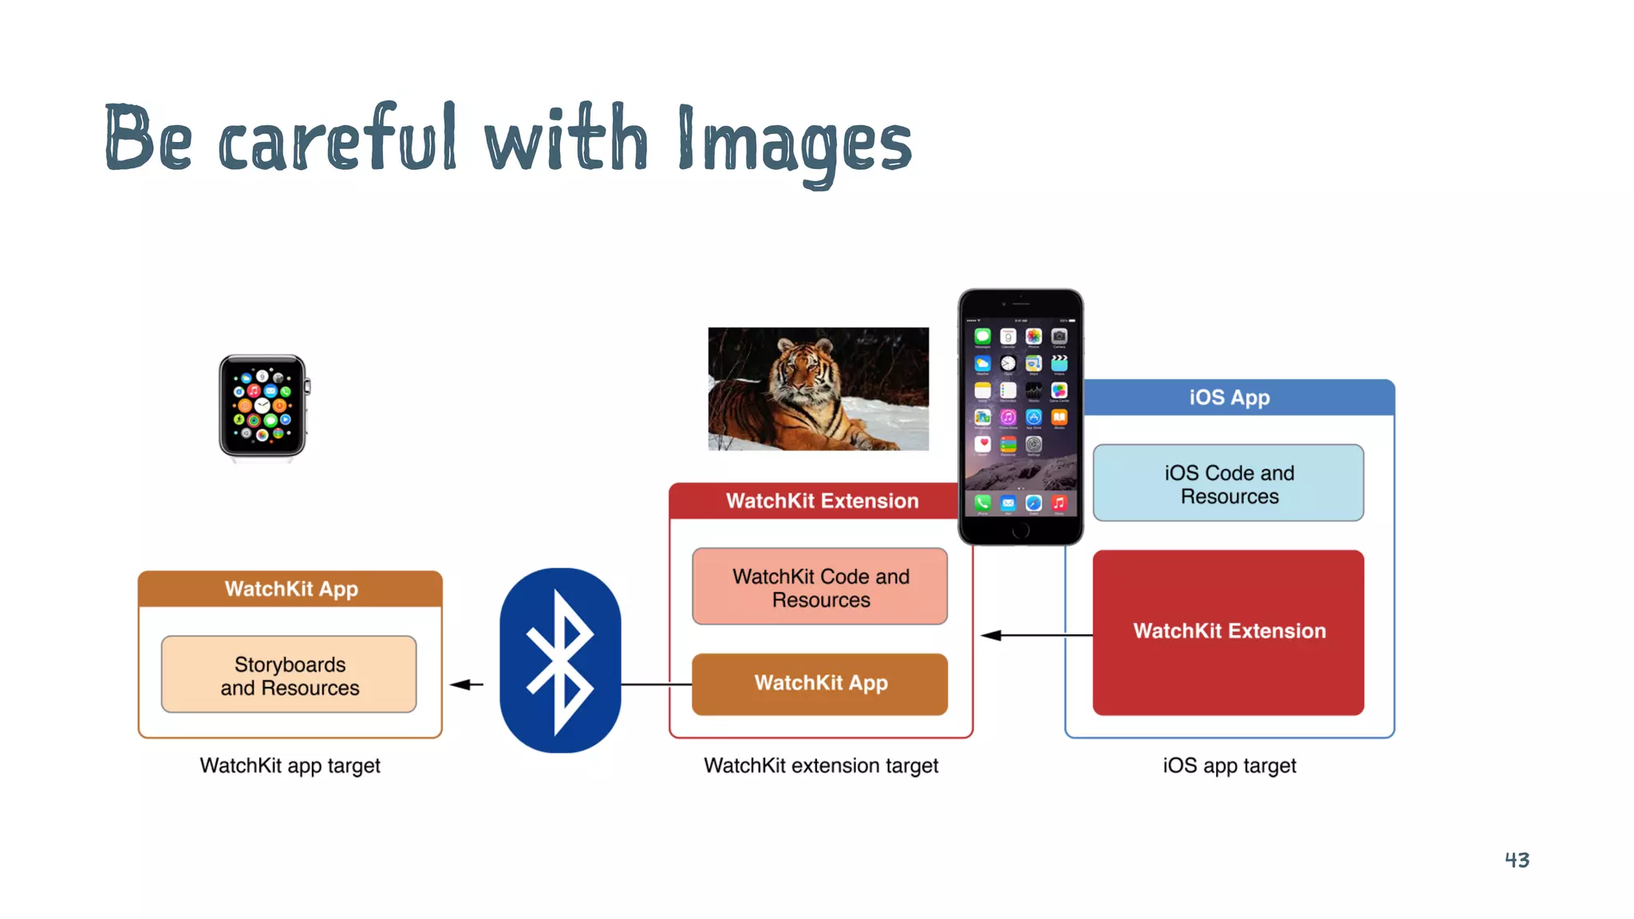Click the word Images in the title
794,142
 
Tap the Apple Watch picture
263,407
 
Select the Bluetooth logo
560,660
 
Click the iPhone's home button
1020,530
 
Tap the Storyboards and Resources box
289,675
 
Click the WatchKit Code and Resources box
820,587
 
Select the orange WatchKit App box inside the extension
820,684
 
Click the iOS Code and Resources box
1229,483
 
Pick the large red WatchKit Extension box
1229,632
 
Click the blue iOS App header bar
1237,397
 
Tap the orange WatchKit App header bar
290,589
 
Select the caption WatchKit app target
290,766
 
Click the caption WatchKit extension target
820,766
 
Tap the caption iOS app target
1229,766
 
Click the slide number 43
1517,860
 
